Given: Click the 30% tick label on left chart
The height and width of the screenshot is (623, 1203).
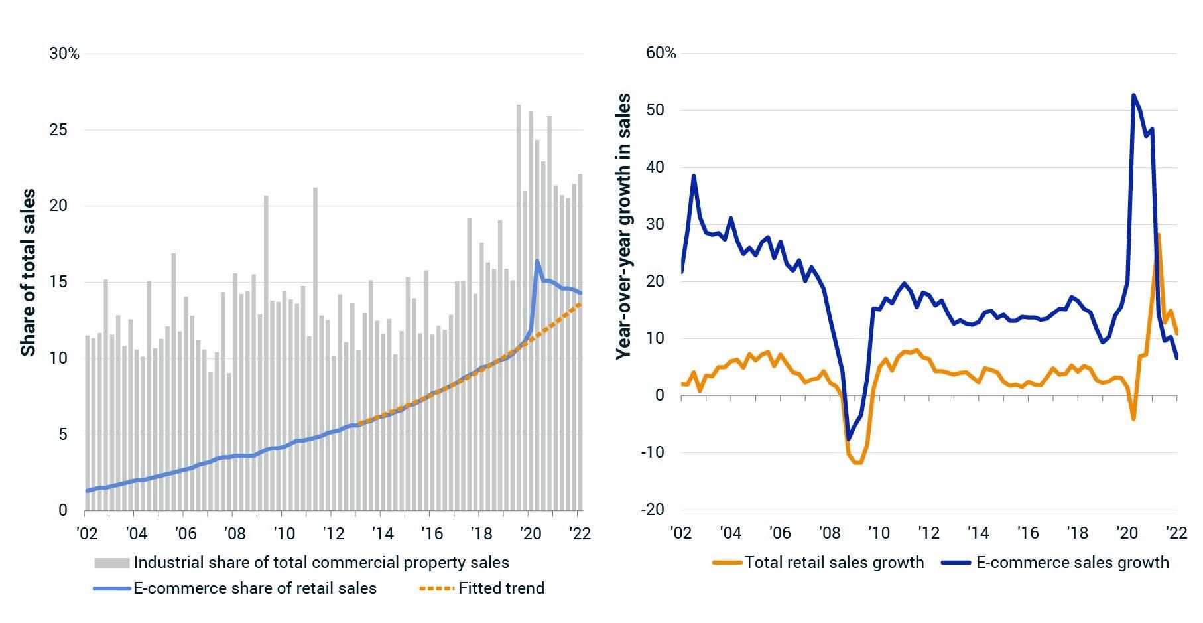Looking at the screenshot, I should (x=64, y=54).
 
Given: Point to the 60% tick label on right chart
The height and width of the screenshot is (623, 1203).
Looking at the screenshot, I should (x=661, y=54).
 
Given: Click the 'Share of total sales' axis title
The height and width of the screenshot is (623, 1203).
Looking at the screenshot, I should (x=28, y=273).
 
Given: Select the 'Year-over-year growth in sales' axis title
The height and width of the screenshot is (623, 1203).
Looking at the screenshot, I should (x=623, y=226).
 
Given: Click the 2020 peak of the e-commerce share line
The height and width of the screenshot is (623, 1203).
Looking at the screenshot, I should (x=537, y=261).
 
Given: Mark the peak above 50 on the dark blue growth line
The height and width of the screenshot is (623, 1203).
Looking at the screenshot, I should (x=1133, y=95).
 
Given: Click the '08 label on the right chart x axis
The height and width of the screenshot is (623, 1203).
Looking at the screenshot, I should (x=829, y=533).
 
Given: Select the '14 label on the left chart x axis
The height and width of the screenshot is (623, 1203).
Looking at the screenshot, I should (x=382, y=533).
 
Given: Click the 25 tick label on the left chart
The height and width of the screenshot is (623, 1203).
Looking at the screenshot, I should (x=59, y=129).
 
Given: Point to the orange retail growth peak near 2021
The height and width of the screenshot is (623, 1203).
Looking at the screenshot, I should (x=1159, y=234).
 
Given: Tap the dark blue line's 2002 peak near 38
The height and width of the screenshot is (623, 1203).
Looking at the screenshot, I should (x=694, y=176).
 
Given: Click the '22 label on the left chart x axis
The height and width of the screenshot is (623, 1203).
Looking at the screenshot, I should (x=579, y=533).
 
